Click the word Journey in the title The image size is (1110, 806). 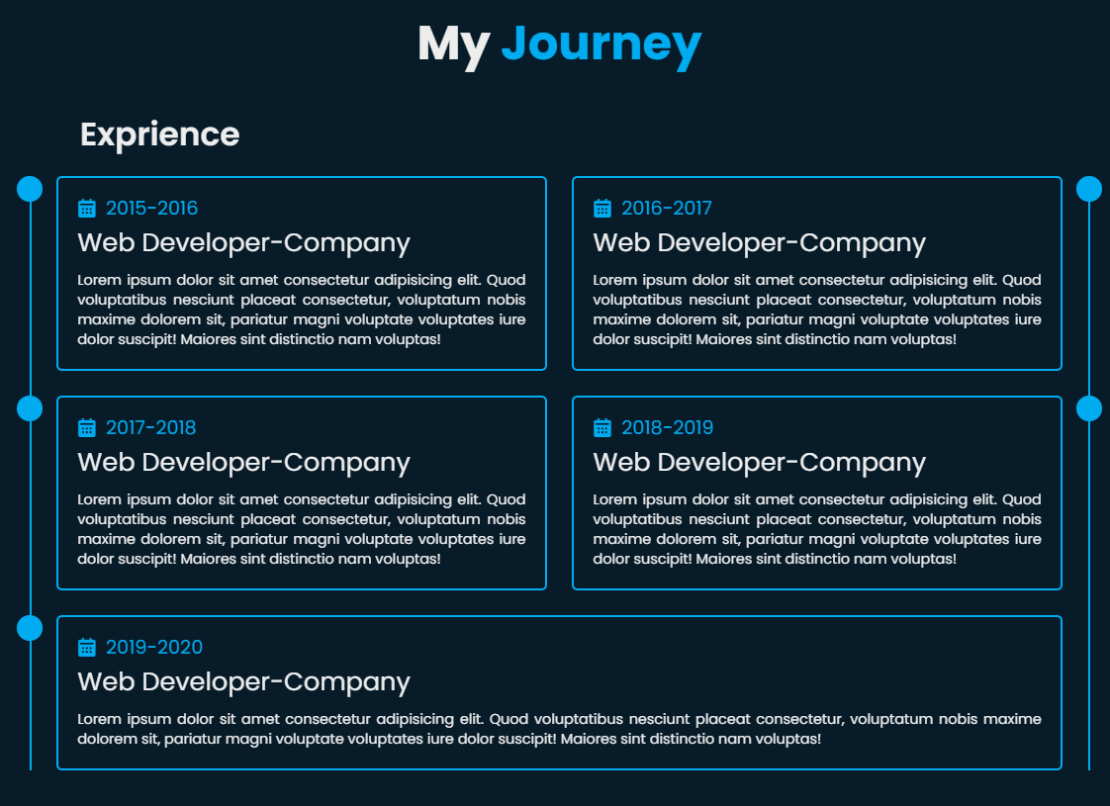[601, 46]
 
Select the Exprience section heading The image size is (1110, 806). [160, 134]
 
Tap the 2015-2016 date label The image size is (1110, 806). [151, 208]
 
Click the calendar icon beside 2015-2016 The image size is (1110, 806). [86, 208]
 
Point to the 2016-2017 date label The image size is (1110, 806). [667, 208]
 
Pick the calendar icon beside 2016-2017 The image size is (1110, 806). [601, 208]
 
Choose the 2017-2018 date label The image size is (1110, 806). [150, 427]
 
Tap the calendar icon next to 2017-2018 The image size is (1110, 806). [86, 427]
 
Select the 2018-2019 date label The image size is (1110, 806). [668, 427]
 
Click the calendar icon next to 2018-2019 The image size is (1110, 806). [601, 427]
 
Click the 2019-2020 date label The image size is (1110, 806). [154, 647]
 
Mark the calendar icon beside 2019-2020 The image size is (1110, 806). [86, 647]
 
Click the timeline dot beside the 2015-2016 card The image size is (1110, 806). [30, 189]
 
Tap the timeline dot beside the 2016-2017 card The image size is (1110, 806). [1089, 189]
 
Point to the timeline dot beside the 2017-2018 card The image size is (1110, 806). [30, 408]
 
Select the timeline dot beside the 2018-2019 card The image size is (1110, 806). [1089, 408]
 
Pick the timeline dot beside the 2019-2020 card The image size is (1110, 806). [30, 628]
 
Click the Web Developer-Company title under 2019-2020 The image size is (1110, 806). [243, 682]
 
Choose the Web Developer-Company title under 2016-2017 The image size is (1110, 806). [759, 243]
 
